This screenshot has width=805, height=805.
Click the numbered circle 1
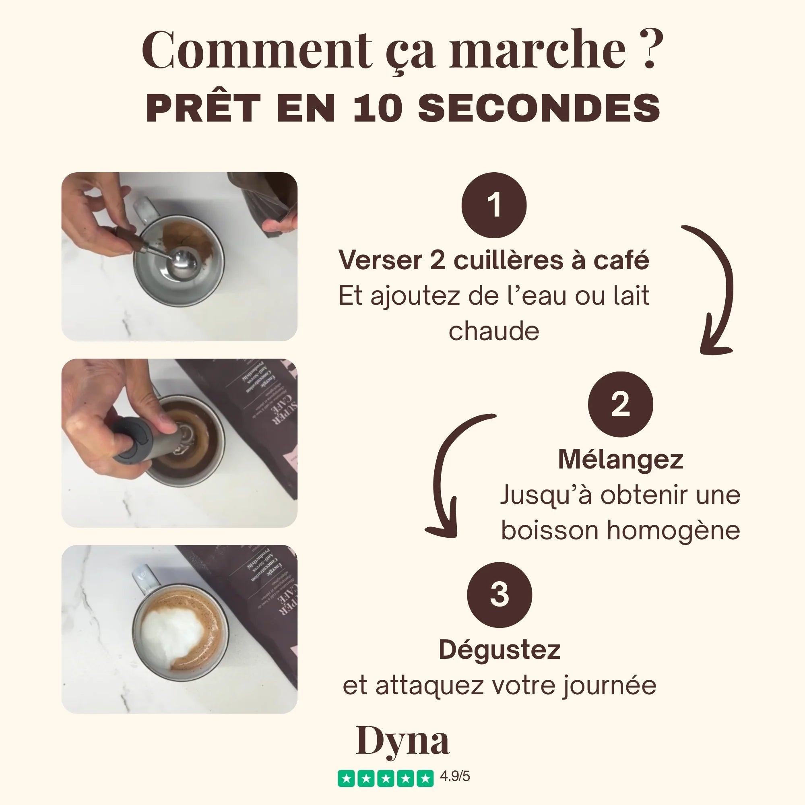(x=494, y=205)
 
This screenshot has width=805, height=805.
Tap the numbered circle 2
(x=620, y=404)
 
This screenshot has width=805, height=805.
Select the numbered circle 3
(x=499, y=594)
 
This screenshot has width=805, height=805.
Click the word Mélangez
(x=620, y=460)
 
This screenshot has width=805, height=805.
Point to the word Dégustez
(x=499, y=650)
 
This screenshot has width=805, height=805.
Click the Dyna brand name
(x=402, y=741)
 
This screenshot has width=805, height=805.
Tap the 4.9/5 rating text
(x=455, y=776)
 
